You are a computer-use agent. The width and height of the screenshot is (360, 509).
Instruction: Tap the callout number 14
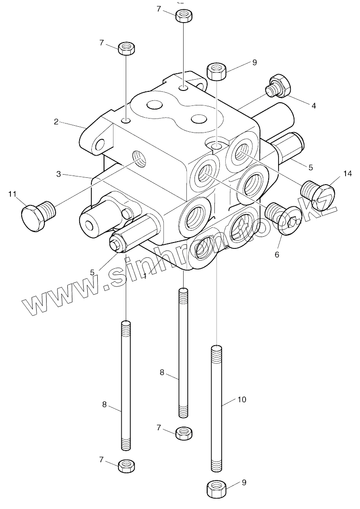click(347, 174)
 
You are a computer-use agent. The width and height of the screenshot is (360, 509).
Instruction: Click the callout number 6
click(277, 254)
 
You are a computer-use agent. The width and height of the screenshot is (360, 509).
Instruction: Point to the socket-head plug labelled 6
click(283, 217)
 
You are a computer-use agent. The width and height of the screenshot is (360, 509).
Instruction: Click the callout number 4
click(313, 106)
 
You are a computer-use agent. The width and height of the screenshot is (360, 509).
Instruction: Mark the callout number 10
click(242, 400)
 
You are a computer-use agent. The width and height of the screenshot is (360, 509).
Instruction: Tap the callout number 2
click(56, 121)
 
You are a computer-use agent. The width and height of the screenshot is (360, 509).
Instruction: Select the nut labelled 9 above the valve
click(217, 71)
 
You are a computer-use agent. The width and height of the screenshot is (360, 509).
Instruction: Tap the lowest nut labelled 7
click(127, 465)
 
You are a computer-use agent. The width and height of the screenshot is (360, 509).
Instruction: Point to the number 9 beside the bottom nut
click(244, 482)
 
